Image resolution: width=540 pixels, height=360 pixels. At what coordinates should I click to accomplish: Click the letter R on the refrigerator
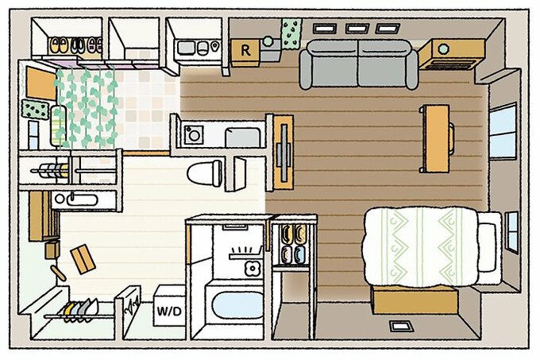click(x=245, y=51)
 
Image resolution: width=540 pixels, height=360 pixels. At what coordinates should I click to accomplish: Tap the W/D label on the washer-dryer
click(x=169, y=312)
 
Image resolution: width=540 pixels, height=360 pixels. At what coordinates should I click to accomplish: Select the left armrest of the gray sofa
click(x=306, y=69)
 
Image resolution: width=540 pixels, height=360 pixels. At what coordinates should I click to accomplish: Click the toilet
click(x=205, y=172)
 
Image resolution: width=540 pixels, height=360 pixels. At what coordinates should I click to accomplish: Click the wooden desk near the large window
click(x=437, y=138)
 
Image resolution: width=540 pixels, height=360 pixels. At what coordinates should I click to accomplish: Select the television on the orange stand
click(x=283, y=153)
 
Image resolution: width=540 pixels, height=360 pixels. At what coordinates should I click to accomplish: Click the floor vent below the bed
click(x=402, y=326)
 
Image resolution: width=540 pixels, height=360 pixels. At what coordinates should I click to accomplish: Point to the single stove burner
click(x=194, y=135)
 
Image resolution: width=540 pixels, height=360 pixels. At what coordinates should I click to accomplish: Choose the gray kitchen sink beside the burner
click(x=243, y=137)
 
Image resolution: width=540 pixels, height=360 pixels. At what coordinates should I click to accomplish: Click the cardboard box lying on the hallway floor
click(x=83, y=259)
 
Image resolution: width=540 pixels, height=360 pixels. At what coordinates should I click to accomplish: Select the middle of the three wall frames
click(x=357, y=29)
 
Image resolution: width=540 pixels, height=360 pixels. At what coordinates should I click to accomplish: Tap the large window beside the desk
click(x=503, y=131)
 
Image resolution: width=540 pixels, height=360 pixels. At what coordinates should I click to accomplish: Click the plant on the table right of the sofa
click(x=444, y=48)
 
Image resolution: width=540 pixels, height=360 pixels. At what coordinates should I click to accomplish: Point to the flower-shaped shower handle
click(x=252, y=268)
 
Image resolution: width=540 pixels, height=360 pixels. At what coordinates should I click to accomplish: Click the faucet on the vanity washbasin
click(x=72, y=197)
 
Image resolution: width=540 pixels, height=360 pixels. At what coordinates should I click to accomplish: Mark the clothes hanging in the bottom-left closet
click(x=80, y=311)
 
